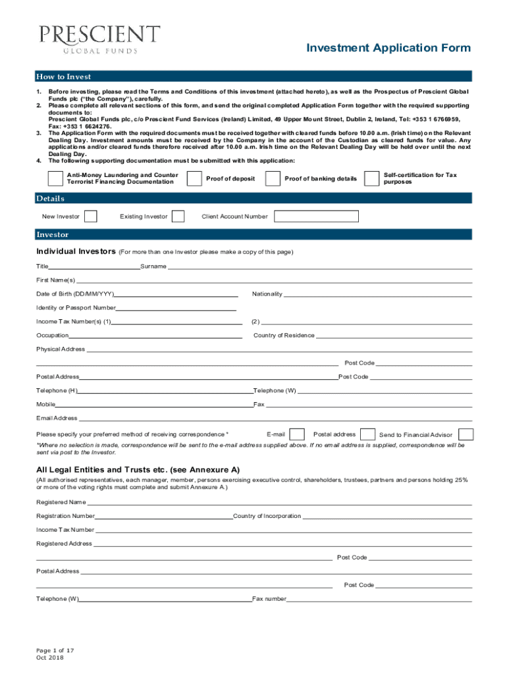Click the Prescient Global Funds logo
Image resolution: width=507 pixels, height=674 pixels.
click(x=99, y=39)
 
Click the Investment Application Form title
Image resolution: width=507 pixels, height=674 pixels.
click(x=388, y=48)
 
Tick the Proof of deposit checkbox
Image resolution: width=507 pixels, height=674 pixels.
click(x=194, y=179)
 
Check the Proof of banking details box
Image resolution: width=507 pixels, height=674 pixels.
click(x=273, y=179)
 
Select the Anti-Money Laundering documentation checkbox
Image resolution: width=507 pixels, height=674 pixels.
click(x=56, y=179)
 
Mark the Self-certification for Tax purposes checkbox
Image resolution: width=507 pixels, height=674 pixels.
click(x=371, y=179)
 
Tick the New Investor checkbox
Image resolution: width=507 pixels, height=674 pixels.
click(x=92, y=217)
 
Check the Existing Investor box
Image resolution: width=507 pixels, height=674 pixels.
click(x=178, y=217)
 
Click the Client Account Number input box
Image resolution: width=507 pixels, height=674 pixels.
click(x=316, y=217)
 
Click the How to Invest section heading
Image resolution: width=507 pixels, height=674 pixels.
click(x=64, y=77)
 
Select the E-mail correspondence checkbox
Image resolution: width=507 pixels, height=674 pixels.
click(x=297, y=434)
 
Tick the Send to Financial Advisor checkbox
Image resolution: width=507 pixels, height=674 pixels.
click(x=466, y=434)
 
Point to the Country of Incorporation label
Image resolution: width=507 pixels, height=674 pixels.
click(x=267, y=516)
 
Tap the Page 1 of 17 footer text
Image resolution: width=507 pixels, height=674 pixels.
click(x=55, y=650)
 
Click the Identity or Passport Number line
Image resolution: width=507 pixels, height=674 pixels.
click(x=176, y=308)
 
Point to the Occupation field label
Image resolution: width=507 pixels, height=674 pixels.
click(x=52, y=336)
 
